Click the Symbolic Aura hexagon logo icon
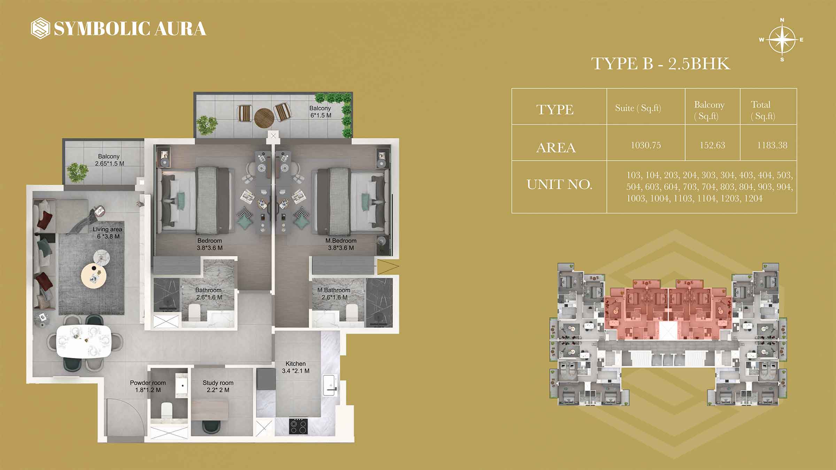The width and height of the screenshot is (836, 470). [40, 28]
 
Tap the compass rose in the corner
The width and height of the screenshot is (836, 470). [782, 40]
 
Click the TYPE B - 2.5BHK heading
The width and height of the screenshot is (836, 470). [660, 64]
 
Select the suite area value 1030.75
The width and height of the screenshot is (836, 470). [646, 145]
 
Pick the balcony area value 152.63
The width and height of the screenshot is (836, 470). [712, 145]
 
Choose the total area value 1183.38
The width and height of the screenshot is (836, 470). [772, 145]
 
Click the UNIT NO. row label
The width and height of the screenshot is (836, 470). [559, 185]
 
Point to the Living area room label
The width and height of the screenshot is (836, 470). [107, 229]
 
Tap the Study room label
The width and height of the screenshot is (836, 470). [218, 383]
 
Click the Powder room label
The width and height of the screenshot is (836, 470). [148, 383]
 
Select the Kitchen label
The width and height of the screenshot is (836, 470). [295, 363]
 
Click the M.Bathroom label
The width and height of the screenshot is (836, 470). [334, 290]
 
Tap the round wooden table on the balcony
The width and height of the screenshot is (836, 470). [264, 118]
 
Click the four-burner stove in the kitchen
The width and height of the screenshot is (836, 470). [299, 426]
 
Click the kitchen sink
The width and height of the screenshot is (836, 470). [330, 385]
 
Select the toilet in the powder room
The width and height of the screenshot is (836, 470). [167, 410]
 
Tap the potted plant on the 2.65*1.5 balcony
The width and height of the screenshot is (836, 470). [77, 172]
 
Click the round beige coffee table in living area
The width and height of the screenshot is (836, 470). [93, 276]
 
